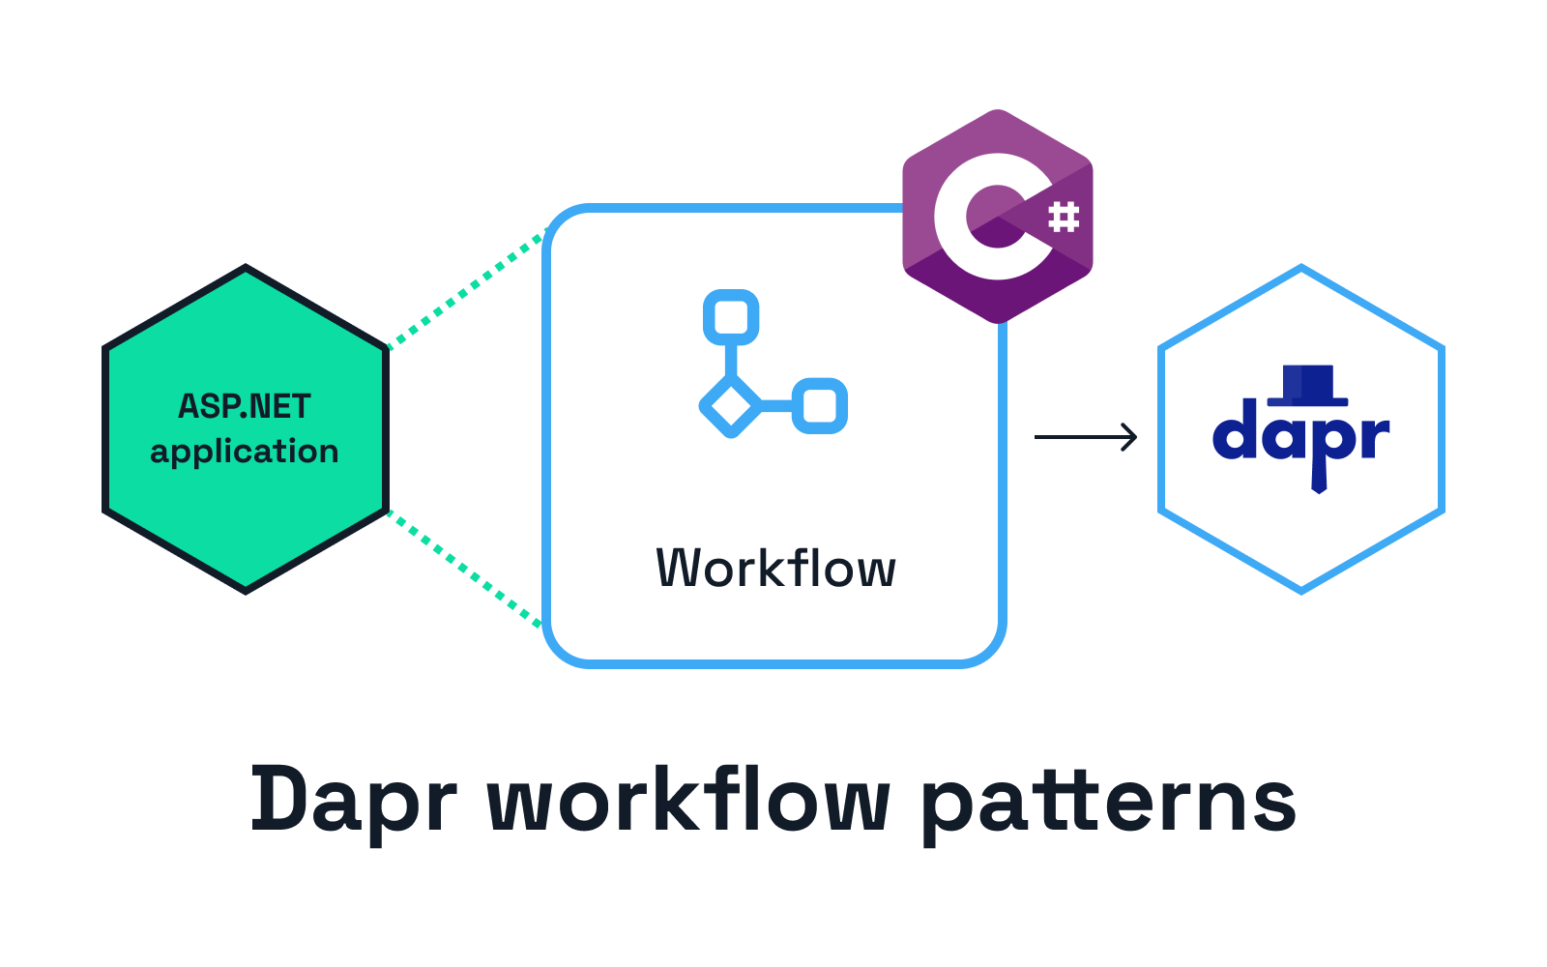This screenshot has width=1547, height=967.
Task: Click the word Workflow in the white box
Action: pyautogui.click(x=775, y=569)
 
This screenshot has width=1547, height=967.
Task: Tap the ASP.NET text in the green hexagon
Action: pyautogui.click(x=245, y=407)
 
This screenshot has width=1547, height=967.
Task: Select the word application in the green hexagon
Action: pyautogui.click(x=245, y=453)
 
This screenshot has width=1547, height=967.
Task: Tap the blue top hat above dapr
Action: pyautogui.click(x=1307, y=385)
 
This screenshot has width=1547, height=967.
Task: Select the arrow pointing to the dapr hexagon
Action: pyautogui.click(x=1087, y=437)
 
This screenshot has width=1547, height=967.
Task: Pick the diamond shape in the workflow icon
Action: pyautogui.click(x=731, y=406)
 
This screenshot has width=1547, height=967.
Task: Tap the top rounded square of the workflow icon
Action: pyautogui.click(x=731, y=317)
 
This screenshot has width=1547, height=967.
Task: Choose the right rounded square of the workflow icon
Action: pyautogui.click(x=820, y=406)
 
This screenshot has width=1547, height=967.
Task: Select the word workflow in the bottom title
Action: pyautogui.click(x=688, y=801)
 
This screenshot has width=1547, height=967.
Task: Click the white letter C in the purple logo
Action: pyautogui.click(x=967, y=218)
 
